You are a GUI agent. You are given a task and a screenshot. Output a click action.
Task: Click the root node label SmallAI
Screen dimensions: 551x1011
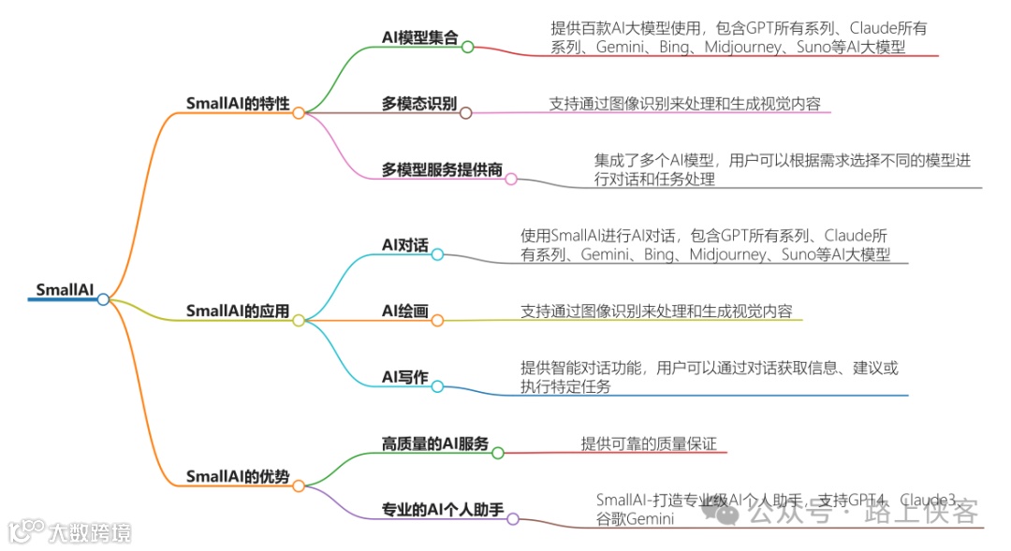point(64,289)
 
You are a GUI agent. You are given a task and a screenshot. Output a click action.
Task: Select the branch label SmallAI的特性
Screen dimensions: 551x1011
point(238,103)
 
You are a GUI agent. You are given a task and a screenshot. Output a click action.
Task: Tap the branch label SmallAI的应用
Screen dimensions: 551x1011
point(238,311)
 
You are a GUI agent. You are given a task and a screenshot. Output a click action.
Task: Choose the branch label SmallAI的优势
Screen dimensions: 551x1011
point(238,476)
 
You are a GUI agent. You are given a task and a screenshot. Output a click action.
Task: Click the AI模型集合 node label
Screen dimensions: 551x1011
point(420,37)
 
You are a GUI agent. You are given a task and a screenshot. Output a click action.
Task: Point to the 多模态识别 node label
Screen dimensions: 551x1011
point(419,103)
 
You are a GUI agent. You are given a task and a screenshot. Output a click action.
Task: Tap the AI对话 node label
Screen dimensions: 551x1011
point(405,245)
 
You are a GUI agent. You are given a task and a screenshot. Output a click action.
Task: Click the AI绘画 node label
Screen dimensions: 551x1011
point(405,311)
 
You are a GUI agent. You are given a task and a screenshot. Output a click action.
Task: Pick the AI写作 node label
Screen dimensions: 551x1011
point(405,377)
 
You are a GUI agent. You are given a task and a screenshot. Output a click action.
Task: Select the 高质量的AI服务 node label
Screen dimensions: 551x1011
point(435,443)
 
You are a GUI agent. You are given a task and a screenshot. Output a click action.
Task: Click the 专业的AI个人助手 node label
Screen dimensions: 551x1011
point(443,510)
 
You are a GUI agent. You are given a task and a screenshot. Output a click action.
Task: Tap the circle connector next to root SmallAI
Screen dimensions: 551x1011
point(103,299)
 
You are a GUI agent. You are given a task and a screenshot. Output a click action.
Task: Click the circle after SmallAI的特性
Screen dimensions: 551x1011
point(299,113)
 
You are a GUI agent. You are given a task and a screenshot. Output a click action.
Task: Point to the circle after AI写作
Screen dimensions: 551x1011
point(437,386)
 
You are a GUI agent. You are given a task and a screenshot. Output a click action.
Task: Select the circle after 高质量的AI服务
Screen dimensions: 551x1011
point(498,453)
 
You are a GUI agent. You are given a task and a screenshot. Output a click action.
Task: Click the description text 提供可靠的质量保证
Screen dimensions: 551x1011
point(649,444)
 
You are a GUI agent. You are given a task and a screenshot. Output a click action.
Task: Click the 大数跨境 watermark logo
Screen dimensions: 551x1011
point(69,531)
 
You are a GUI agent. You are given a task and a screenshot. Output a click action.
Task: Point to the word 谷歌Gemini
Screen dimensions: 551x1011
point(636,519)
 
